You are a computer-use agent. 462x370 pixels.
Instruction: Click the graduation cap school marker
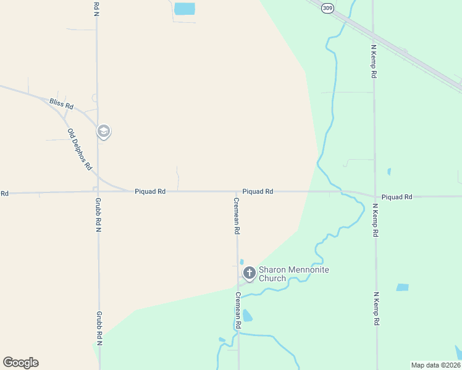(104, 131)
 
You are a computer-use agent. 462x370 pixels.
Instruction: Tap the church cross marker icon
(250, 273)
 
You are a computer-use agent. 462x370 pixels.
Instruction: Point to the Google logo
(20, 363)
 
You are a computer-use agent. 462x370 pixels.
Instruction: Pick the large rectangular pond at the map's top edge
(184, 9)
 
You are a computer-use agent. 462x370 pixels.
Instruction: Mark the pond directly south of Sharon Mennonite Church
(247, 316)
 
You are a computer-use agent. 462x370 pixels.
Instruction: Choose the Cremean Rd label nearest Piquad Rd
(237, 215)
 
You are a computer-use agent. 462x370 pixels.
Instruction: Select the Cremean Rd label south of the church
(238, 310)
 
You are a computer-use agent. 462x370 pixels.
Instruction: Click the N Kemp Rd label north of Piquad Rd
(374, 60)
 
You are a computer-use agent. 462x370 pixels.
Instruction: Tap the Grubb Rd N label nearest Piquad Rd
(98, 214)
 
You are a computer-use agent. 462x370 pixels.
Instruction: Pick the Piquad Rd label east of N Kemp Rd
(397, 197)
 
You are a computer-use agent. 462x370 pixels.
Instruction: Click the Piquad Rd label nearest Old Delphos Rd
(150, 192)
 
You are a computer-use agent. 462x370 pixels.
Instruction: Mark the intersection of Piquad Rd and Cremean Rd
(237, 192)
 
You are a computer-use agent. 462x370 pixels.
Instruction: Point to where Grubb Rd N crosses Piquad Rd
(98, 192)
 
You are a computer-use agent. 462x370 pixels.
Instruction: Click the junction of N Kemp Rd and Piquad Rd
(375, 196)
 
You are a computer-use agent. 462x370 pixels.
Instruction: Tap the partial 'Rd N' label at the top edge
(96, 7)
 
